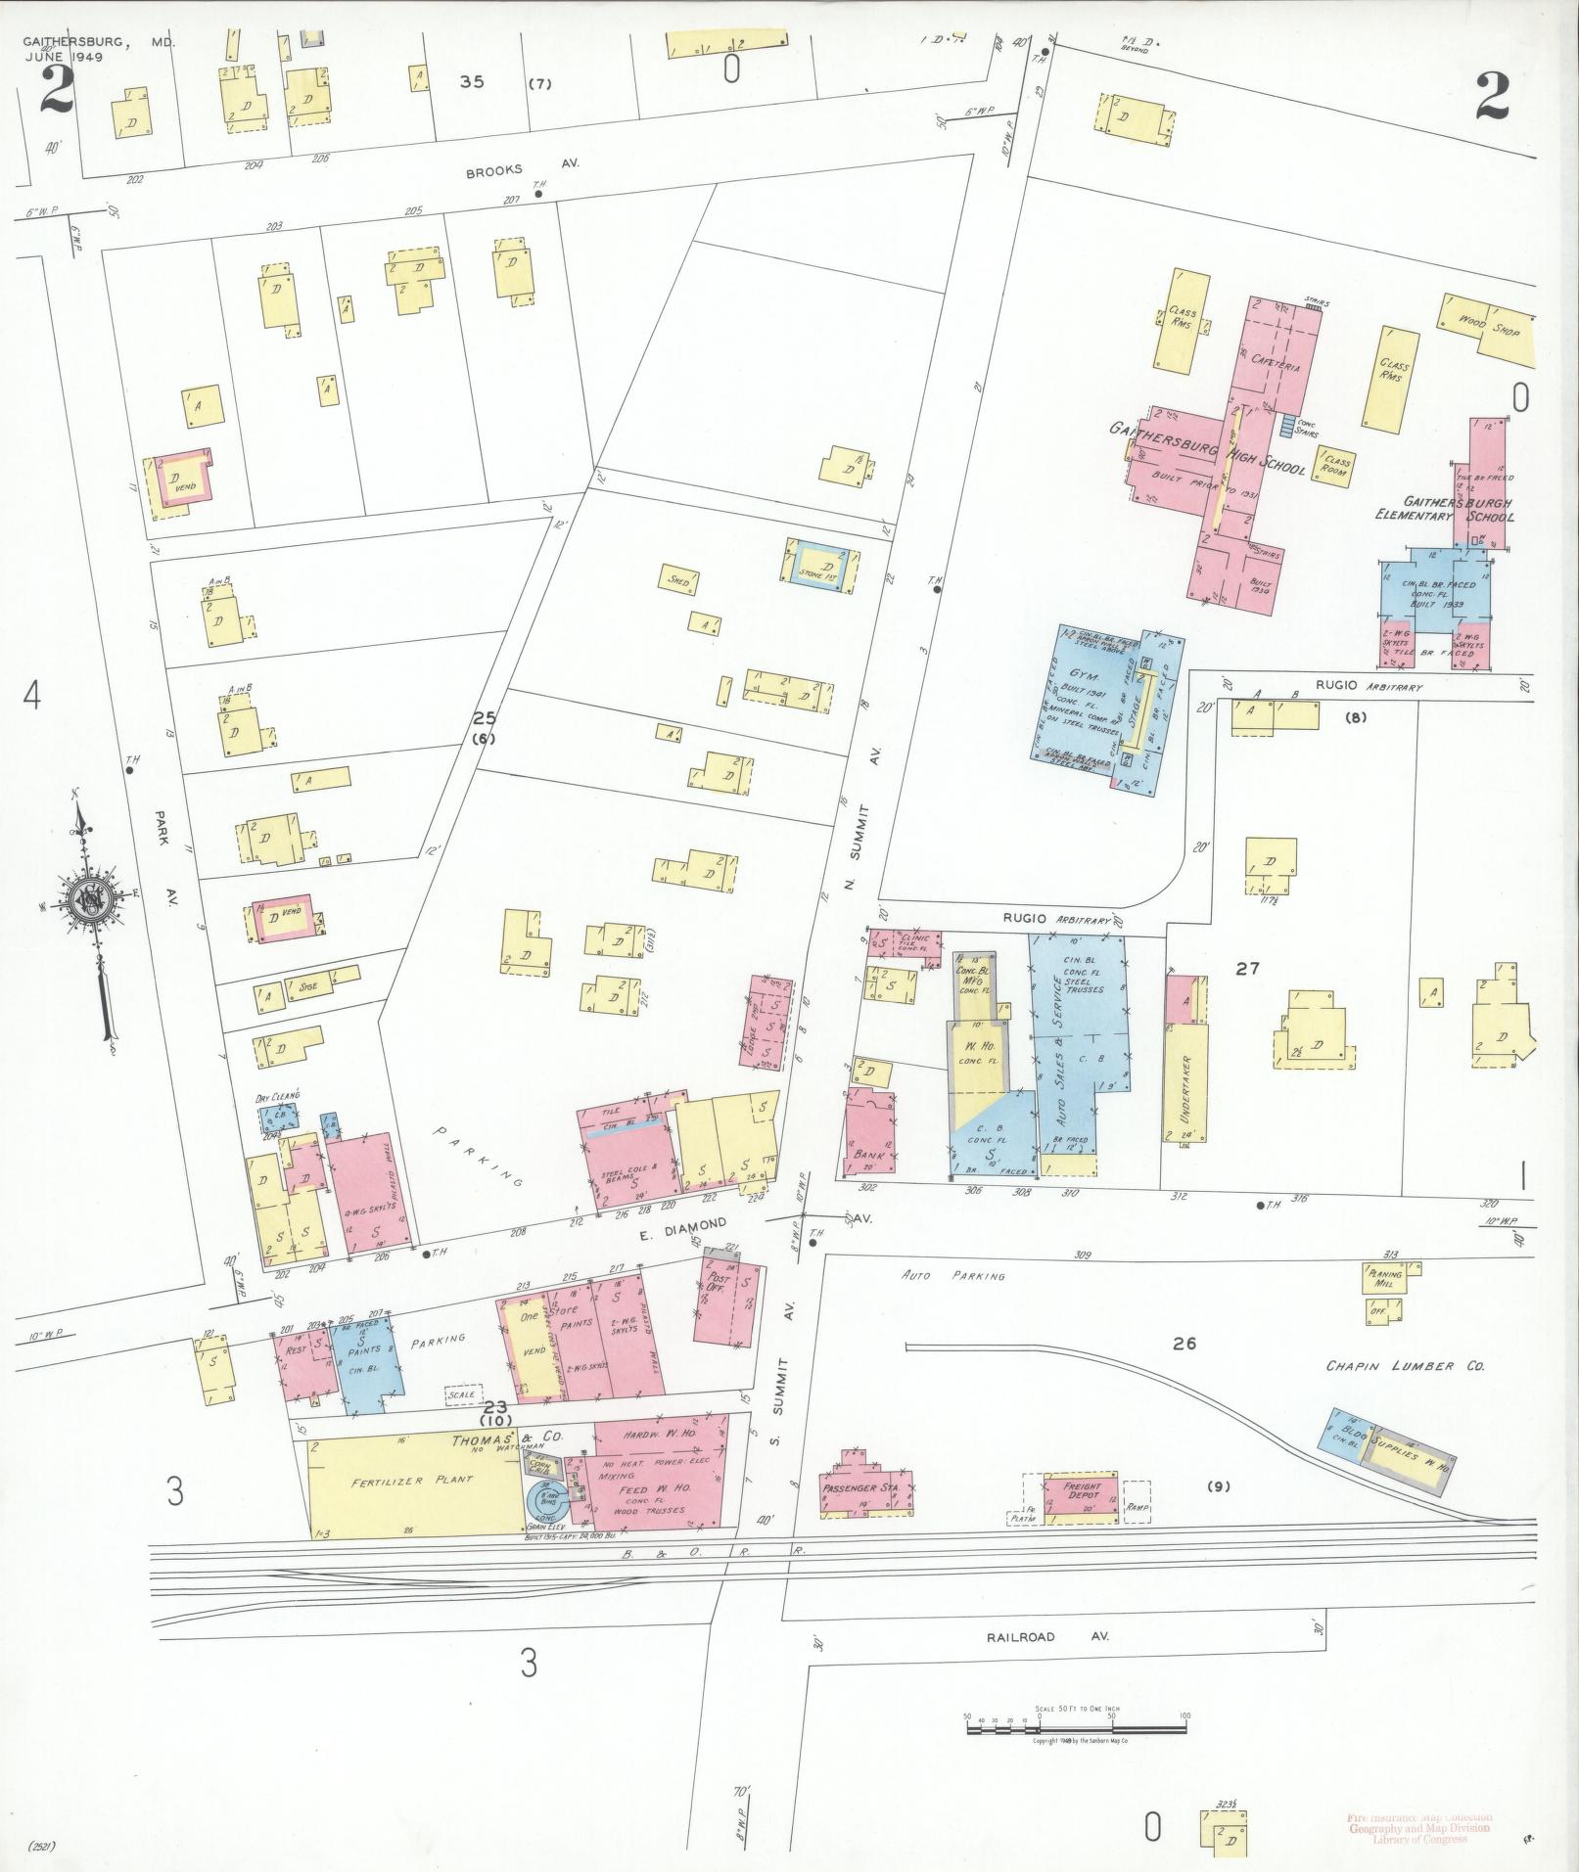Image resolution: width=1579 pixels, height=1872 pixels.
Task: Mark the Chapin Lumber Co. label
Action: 1405,1366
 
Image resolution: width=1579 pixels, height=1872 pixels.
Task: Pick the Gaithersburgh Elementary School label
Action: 1444,510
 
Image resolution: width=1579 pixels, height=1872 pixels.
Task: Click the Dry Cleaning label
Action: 277,1096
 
